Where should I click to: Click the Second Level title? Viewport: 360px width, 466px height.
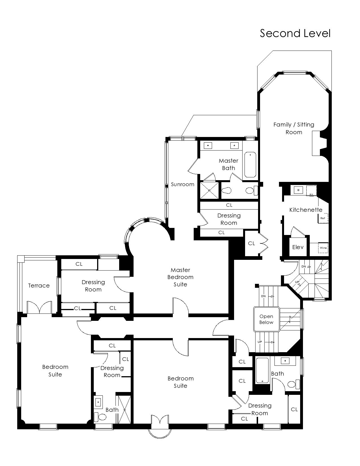pos(295,33)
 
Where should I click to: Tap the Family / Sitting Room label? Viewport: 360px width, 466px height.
pos(294,128)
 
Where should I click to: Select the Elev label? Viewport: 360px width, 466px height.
pos(298,247)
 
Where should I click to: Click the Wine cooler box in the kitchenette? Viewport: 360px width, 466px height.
pos(323,248)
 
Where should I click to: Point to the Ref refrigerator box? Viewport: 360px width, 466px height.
pos(323,218)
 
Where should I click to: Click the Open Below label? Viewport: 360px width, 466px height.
pos(266,319)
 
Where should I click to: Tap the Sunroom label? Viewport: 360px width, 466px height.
pos(182,184)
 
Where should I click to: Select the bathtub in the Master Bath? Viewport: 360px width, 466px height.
pos(250,165)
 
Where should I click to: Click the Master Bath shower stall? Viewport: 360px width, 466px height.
pos(209,190)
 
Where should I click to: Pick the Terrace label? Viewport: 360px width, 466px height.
pos(39,286)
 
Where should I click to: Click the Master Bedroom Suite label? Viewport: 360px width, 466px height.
pos(180,277)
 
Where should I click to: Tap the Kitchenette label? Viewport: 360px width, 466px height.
pos(306,210)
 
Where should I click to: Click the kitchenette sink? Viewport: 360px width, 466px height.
pos(298,190)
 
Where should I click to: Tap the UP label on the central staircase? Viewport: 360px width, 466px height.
pos(260,342)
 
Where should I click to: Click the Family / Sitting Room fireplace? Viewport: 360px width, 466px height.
pos(319,143)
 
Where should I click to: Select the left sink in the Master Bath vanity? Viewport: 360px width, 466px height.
pos(208,146)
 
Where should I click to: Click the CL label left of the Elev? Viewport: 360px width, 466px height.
pos(251,243)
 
